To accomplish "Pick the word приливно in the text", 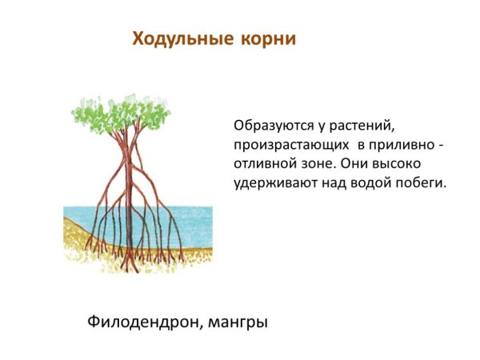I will coord(402,146).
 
